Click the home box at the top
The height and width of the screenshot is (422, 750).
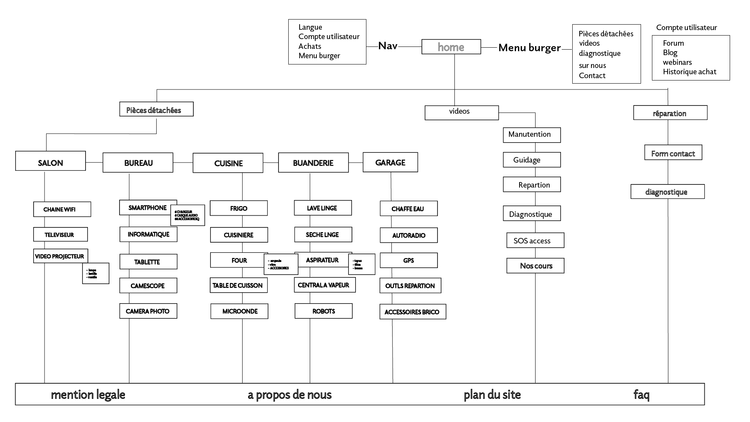[451, 47]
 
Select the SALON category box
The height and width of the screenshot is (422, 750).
[50, 161]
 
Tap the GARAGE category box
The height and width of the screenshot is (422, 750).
[390, 162]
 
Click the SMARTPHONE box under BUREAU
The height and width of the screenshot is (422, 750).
[148, 207]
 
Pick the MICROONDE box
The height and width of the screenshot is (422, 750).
[239, 311]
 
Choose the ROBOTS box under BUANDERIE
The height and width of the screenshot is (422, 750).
[323, 311]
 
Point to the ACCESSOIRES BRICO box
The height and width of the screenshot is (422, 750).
[412, 312]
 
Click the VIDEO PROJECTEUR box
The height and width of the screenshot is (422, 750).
[60, 256]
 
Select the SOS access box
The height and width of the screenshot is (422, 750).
[535, 240]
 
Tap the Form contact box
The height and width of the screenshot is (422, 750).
[673, 152]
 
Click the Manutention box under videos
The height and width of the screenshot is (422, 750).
[532, 135]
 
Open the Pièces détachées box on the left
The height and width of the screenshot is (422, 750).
[156, 109]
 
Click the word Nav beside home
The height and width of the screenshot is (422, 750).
[387, 46]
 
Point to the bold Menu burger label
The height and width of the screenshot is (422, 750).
[529, 48]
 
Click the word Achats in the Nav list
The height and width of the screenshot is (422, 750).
[310, 46]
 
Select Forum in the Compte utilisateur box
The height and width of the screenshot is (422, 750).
[673, 43]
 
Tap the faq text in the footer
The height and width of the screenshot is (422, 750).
[641, 395]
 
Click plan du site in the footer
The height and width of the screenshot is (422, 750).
[492, 395]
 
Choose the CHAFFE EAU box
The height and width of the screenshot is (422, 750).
[408, 209]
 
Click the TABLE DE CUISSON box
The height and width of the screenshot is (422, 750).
[238, 285]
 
